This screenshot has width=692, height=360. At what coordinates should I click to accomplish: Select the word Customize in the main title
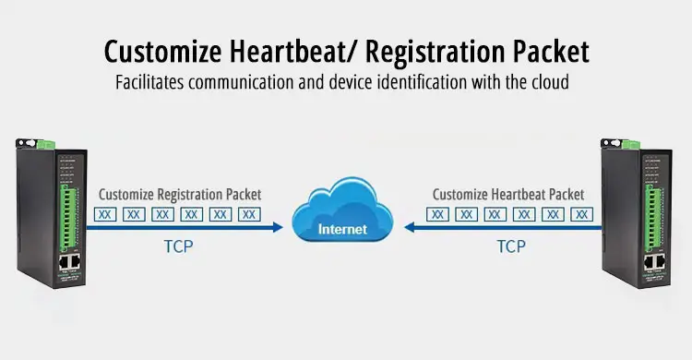click(162, 52)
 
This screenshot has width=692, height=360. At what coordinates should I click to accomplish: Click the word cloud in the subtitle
click(550, 82)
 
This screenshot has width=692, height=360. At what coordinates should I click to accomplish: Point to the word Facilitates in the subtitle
click(149, 82)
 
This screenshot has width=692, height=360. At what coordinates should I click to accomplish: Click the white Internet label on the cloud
click(342, 229)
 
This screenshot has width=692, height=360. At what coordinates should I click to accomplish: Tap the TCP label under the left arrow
click(179, 246)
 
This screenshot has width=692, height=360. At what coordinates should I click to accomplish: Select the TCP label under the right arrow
click(511, 246)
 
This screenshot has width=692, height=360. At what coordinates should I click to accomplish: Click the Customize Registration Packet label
click(180, 195)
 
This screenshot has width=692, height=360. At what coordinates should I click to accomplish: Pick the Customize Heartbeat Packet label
click(508, 195)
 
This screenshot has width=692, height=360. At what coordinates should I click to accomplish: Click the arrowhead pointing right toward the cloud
click(278, 227)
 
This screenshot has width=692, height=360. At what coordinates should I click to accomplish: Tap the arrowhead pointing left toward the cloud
click(409, 227)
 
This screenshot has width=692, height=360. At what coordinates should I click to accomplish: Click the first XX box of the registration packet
click(105, 215)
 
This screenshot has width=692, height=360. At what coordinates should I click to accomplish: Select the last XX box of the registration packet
click(249, 215)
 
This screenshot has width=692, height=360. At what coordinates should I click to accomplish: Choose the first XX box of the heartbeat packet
click(437, 215)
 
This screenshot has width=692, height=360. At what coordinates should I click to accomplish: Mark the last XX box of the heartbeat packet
click(581, 215)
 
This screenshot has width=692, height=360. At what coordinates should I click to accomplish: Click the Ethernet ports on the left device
click(70, 262)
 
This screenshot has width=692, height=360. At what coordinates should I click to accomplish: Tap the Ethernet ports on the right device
click(654, 262)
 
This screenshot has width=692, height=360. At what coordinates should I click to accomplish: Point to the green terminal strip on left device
click(68, 219)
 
